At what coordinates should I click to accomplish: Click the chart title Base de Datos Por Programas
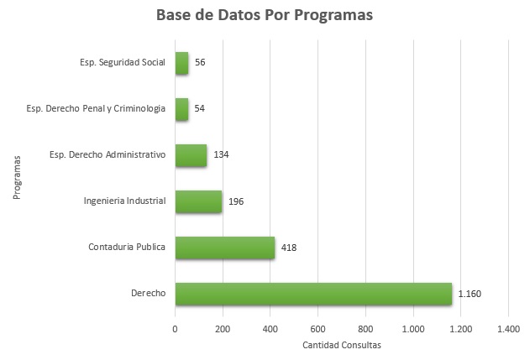265,16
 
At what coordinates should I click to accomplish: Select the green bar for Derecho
313,294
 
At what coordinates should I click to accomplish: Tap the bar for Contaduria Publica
225,248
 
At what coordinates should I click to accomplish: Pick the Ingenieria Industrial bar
198,201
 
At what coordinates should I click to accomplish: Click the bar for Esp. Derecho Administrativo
191,155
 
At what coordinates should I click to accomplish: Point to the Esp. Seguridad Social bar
181,63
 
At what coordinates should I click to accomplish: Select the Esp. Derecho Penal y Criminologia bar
181,109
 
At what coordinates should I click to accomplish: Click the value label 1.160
470,294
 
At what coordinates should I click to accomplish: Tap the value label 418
289,248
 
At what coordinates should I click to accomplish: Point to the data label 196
236,201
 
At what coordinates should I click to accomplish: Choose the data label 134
221,155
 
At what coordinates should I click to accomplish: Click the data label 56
200,63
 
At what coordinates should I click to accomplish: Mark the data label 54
200,109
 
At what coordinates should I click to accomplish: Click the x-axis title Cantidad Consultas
341,345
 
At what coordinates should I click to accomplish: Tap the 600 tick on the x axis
317,330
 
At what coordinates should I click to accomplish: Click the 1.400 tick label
508,330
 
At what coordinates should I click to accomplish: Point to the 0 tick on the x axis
175,330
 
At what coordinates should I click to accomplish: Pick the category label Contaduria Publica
127,248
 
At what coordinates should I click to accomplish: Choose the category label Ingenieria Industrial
124,201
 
